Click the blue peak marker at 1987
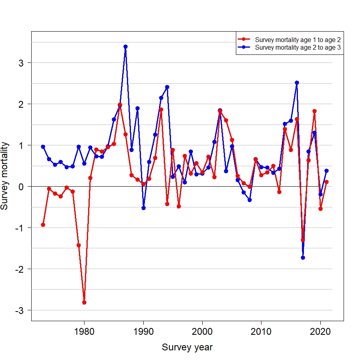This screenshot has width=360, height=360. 125,46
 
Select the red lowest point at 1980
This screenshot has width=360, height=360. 84,302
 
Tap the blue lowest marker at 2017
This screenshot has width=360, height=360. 303,257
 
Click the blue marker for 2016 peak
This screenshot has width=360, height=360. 297,82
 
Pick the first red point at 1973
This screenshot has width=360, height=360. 43,225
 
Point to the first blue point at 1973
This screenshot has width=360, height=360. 43,147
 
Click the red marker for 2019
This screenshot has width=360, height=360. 314,111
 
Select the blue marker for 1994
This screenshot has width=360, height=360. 167,87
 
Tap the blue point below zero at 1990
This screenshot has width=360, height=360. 143,208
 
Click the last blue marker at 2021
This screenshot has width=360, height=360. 326,171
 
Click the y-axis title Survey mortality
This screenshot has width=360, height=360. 5,175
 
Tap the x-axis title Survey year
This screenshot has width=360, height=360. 187,347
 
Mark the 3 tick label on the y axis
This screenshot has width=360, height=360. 21,63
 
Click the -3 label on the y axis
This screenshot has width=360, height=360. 19,310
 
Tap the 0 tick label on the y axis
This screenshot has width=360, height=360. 21,187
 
